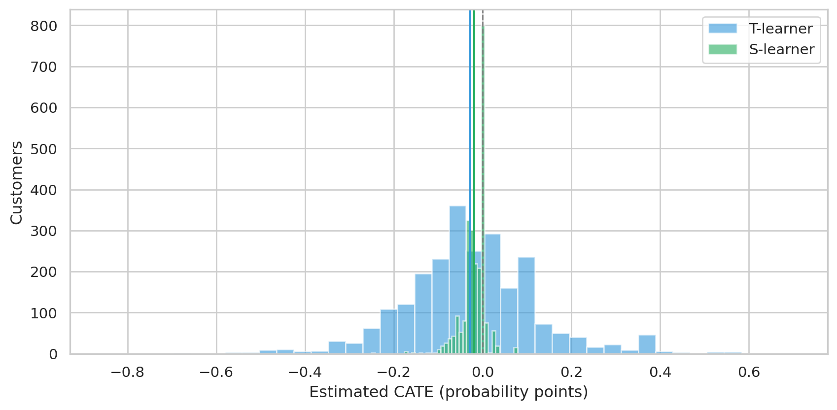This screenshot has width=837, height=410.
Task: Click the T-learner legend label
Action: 781,29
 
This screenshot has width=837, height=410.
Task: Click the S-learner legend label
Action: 782,49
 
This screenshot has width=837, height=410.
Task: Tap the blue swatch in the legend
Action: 723,29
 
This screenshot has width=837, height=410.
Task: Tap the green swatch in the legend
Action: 723,49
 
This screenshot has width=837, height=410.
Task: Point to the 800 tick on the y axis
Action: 44,26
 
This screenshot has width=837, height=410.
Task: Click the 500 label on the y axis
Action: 44,149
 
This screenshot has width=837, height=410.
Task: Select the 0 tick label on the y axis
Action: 53,354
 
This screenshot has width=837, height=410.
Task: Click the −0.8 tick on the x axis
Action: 128,372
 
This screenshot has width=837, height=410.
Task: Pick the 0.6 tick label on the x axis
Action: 749,372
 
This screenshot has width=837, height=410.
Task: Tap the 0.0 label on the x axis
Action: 483,372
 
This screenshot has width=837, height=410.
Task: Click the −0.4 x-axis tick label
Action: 305,372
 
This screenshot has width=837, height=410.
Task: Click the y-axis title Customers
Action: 16,183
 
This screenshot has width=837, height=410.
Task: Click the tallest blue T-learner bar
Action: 457,280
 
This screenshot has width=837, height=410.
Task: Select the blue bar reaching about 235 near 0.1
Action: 526,306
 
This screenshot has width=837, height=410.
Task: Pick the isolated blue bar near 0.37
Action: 647,344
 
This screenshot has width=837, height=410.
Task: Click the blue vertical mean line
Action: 470,182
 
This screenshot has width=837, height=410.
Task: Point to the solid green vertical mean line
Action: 474,182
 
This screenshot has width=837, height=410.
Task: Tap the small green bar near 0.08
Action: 516,351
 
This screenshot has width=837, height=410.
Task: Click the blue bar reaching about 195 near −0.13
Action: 423,314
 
